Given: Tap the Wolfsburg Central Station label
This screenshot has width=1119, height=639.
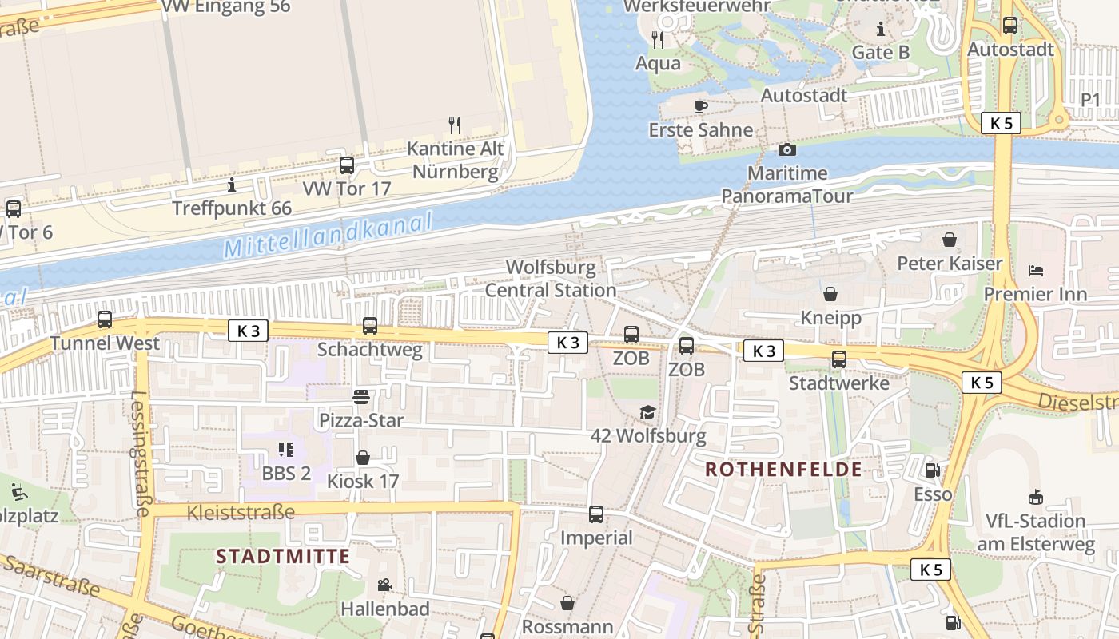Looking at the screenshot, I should click(x=551, y=279).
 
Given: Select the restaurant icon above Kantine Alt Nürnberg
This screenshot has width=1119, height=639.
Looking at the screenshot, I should click(x=455, y=125).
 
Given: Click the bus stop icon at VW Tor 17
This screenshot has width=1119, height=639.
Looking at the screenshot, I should click(x=347, y=165).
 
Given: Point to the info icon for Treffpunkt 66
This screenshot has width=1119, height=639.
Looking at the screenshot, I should click(x=232, y=185).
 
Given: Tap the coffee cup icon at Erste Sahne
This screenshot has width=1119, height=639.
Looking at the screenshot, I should click(x=701, y=106).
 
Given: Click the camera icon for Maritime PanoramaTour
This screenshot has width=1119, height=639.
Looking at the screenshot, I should click(x=787, y=149).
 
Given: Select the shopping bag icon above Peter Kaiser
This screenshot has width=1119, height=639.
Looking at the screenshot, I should click(x=950, y=240).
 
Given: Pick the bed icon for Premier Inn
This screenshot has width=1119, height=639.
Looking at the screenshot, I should click(x=1036, y=270).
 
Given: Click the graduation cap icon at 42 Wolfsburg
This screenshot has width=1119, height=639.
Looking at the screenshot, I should click(x=648, y=412).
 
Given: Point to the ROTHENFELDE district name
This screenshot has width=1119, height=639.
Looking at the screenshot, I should click(x=783, y=470).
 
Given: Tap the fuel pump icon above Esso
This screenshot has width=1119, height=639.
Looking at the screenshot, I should click(x=932, y=470).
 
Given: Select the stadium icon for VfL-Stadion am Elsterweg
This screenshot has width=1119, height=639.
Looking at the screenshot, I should click(x=1036, y=497).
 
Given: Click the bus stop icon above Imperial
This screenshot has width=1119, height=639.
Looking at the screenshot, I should click(x=596, y=514).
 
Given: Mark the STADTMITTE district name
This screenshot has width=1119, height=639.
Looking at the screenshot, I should click(x=283, y=557).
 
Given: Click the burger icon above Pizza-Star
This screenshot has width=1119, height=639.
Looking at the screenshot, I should click(x=361, y=396).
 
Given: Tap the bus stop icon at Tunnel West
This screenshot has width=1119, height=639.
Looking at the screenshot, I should click(x=105, y=319).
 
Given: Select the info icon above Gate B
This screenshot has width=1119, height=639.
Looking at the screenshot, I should click(x=881, y=30).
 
